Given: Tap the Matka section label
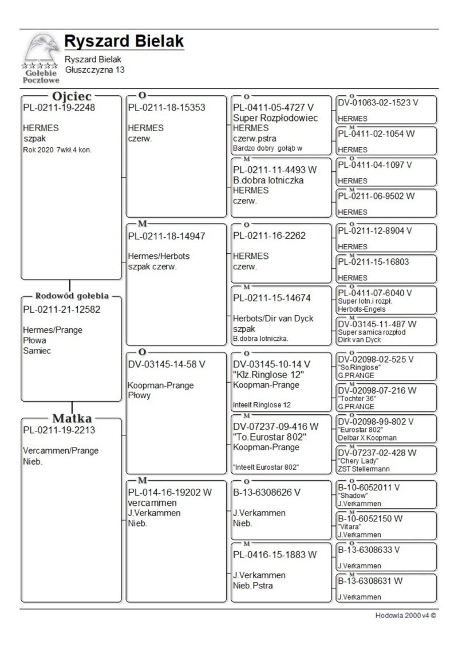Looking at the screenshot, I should coord(72,418).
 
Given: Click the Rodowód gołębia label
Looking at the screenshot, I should coord(72,296).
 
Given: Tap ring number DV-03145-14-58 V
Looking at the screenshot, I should coord(167,364).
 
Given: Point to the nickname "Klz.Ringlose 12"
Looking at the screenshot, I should coord(269,375).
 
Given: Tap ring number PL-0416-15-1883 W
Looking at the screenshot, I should coord(275,555).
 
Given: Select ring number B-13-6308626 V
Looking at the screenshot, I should coord(266,492).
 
